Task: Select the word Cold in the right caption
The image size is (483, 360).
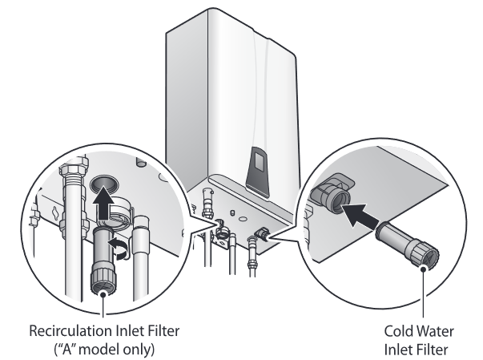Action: [x=395, y=329]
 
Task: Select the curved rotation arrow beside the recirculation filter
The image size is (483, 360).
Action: [x=120, y=251]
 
